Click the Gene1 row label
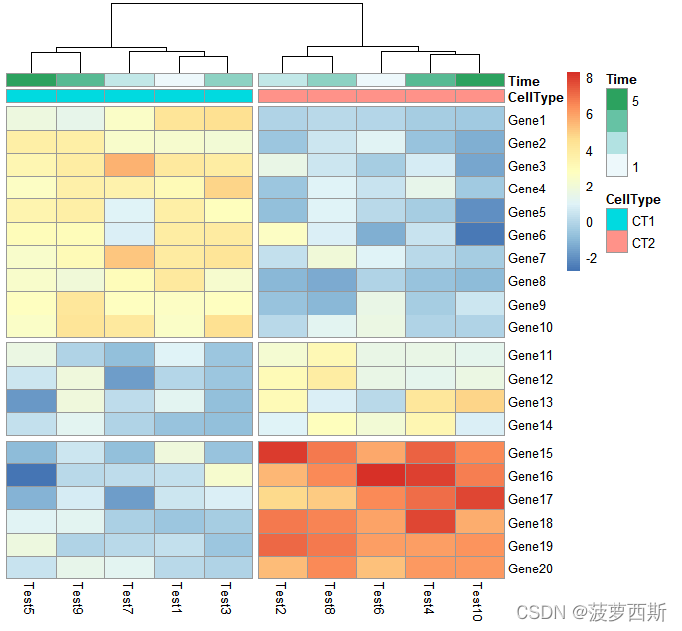pyautogui.click(x=526, y=120)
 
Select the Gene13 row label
pyautogui.click(x=529, y=402)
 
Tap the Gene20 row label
pyautogui.click(x=529, y=569)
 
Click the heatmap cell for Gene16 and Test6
pyautogui.click(x=380, y=476)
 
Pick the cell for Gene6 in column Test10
pyautogui.click(x=479, y=235)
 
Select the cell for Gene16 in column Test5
pyautogui.click(x=31, y=476)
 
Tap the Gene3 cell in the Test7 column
pyautogui.click(x=129, y=165)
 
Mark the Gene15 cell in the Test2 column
pyautogui.click(x=282, y=452)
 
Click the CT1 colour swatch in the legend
pyautogui.click(x=616, y=219)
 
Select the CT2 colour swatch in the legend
pyautogui.click(x=616, y=243)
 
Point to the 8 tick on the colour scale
pyautogui.click(x=589, y=79)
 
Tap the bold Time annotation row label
pyautogui.click(x=524, y=81)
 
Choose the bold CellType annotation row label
pyautogui.click(x=535, y=97)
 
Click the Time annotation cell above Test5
pyautogui.click(x=31, y=80)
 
